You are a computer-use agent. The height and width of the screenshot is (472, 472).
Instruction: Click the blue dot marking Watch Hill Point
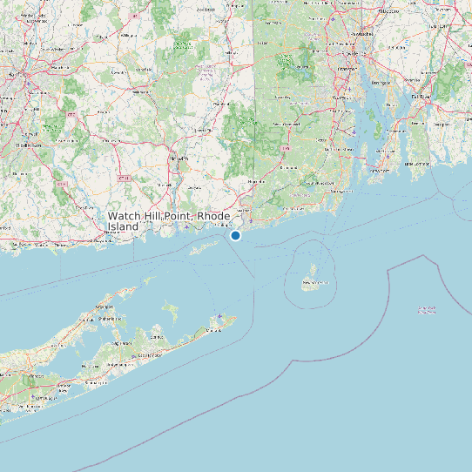[235, 235]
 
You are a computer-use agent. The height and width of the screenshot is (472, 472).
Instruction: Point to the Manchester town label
[59, 66]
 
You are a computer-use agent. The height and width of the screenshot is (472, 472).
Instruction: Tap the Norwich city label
[179, 159]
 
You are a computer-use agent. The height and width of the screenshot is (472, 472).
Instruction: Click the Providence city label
[347, 66]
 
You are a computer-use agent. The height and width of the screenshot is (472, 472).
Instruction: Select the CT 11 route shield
[123, 178]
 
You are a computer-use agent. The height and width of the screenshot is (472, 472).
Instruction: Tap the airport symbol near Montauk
[220, 316]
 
